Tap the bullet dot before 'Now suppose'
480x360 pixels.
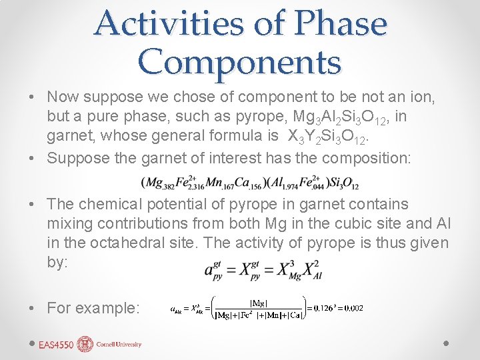coord(33,97)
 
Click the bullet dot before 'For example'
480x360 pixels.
coord(33,308)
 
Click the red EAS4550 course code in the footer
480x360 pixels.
coord(55,345)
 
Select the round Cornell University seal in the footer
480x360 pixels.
coord(85,344)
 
